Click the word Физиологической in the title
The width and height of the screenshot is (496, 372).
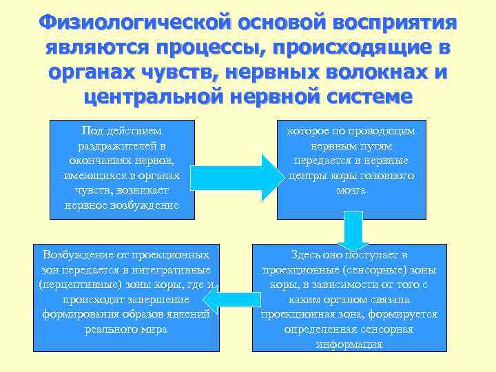[x=134, y=22]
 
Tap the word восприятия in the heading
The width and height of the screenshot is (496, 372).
[x=395, y=22]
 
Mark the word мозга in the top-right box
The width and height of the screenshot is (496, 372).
[x=351, y=190]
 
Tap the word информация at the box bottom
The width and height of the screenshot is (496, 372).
[x=349, y=344]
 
